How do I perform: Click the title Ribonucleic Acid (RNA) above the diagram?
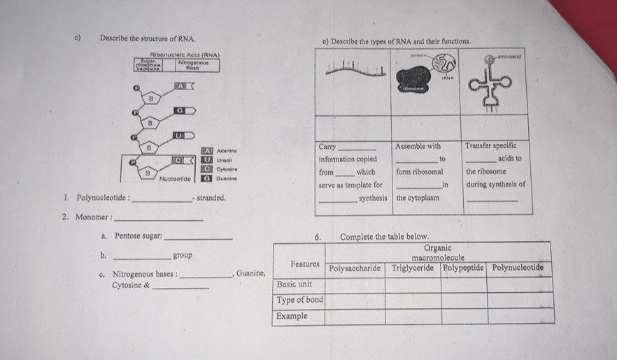186,55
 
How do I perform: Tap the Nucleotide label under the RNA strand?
179,180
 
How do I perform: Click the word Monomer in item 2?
92,217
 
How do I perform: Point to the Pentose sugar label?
138,236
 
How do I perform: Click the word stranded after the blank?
211,198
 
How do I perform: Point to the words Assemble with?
418,146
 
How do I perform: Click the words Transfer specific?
491,146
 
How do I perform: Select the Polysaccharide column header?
355,268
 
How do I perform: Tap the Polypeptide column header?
464,268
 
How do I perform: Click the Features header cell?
305,264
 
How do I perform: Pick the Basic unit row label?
295,285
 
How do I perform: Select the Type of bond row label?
299,301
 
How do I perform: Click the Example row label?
292,316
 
